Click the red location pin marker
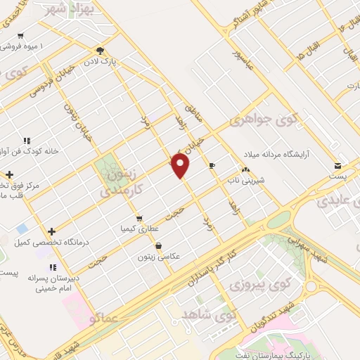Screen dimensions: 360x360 point(181,166)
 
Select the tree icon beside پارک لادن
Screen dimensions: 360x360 point(100,50)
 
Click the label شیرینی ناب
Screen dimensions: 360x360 point(243,179)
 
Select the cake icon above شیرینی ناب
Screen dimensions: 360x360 point(245,169)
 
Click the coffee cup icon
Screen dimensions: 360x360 point(213,165)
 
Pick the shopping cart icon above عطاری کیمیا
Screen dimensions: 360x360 point(141,219)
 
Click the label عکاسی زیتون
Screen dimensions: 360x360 point(162,257)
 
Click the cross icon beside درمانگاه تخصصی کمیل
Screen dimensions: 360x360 point(51,231)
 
